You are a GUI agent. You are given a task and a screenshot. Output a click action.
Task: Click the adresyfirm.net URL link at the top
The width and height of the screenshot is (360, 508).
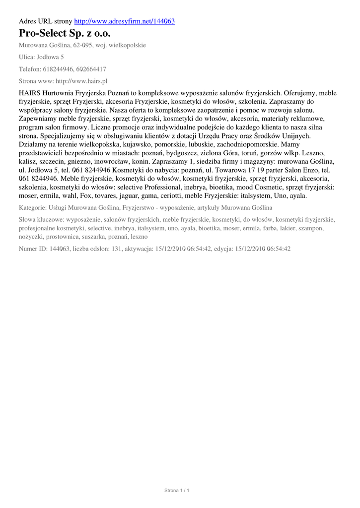click(x=124, y=21)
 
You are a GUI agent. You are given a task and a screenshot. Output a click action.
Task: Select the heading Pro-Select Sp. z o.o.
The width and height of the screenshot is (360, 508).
click(x=65, y=34)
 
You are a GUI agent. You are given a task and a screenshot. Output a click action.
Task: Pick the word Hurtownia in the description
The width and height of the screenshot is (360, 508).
click(x=57, y=93)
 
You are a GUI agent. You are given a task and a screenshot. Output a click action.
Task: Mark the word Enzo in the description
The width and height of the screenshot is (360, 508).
click(x=309, y=170)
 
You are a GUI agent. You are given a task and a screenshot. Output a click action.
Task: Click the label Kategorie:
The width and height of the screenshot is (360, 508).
click(x=33, y=208)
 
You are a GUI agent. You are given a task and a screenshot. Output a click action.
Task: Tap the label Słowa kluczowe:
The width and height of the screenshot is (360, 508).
click(x=41, y=220)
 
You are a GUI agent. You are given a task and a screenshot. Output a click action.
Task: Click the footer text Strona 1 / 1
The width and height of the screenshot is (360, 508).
click(x=177, y=491)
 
